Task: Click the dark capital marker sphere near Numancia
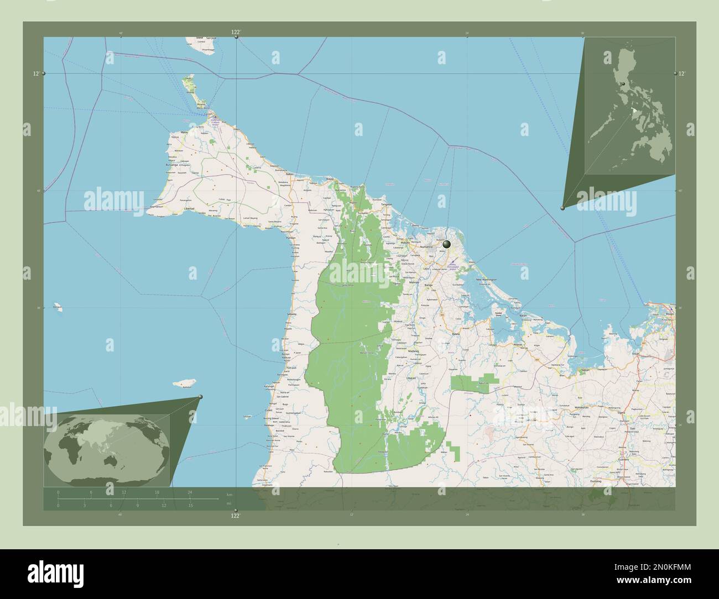coord(446,243)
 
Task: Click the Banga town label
coord(429,285)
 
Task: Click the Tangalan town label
coord(386,204)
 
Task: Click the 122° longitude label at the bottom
coord(236,516)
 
